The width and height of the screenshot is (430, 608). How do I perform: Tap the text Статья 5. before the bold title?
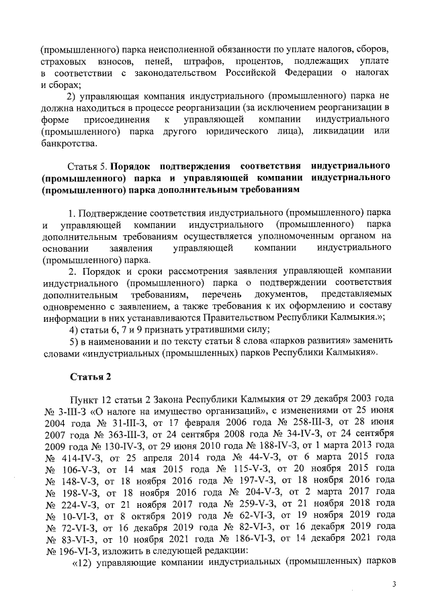tap(88, 165)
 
